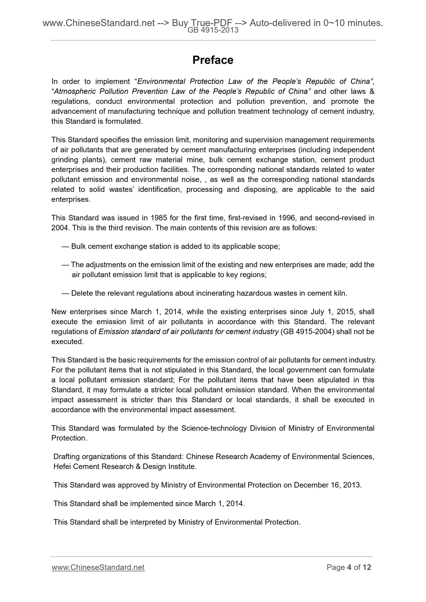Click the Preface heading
click(213, 60)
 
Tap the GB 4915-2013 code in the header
click(213, 30)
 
